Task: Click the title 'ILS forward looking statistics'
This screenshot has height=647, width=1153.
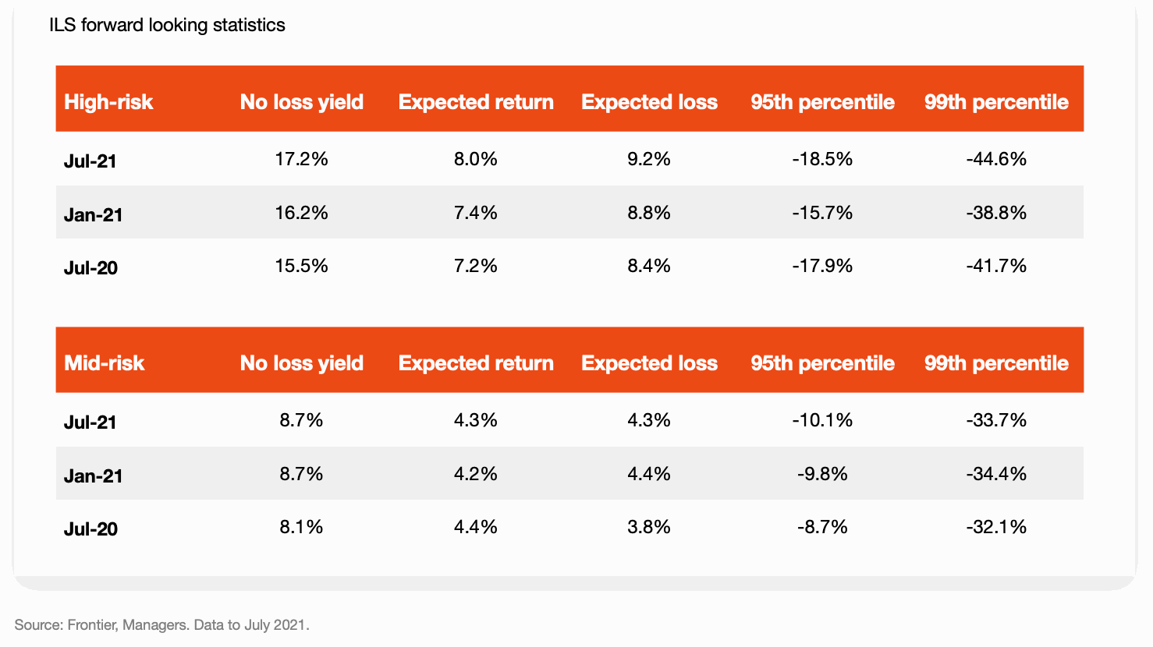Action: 167,25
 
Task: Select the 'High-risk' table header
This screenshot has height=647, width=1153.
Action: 108,102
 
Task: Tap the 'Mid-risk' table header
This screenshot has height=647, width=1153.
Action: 105,363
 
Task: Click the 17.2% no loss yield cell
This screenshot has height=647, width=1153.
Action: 301,159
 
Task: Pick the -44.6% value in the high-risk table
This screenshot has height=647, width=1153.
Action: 996,159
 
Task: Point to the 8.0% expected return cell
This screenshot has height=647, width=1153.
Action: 475,159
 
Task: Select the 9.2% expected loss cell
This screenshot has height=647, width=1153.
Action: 649,159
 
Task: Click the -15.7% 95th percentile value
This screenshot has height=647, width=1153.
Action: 822,213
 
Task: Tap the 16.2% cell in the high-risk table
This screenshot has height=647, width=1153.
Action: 301,213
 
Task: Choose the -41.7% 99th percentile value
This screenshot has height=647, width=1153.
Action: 996,266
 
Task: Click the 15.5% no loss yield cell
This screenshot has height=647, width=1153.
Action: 301,266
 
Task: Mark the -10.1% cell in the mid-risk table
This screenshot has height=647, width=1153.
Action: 822,420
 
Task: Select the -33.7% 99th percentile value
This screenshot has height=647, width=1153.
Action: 996,420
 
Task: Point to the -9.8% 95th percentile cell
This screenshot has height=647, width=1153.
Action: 822,474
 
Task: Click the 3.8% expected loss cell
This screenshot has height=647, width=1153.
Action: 649,527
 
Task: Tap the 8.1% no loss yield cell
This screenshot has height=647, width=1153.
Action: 301,527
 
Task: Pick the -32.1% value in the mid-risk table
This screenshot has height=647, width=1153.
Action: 996,527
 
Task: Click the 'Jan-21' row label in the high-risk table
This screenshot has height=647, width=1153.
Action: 94,215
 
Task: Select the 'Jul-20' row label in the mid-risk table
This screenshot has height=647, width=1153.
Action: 90,529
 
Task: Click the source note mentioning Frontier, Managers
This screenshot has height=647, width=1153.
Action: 162,624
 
